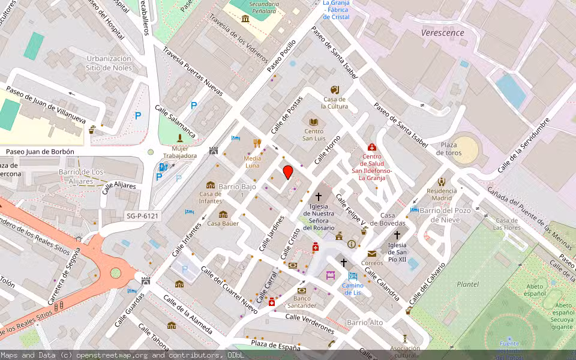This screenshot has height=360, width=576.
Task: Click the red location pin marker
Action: pos(288,172)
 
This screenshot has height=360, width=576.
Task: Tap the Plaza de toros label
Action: pos(449,149)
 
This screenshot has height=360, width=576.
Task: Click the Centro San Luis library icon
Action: pos(314,122)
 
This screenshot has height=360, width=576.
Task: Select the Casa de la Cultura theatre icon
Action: pos(334,89)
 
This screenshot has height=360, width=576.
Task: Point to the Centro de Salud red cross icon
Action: pos(371,148)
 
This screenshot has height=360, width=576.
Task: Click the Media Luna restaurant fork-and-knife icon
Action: pos(257,143)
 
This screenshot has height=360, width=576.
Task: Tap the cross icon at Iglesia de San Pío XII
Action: pos(397,235)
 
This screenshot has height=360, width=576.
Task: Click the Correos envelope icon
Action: pos(372,254)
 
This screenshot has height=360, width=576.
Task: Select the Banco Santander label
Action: pos(302,302)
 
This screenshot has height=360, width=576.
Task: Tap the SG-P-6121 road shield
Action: pos(142,215)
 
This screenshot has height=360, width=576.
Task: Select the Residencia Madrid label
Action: pos(442,194)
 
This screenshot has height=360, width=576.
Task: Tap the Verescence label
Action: pos(443,33)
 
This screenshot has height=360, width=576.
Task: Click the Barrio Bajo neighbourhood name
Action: pos(237,187)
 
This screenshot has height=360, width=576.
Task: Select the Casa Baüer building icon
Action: pos(223,214)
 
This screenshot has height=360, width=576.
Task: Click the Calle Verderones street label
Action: pos(310,325)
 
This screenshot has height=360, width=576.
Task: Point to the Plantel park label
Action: pos(468,284)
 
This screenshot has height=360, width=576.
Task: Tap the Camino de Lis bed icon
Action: pos(353,276)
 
